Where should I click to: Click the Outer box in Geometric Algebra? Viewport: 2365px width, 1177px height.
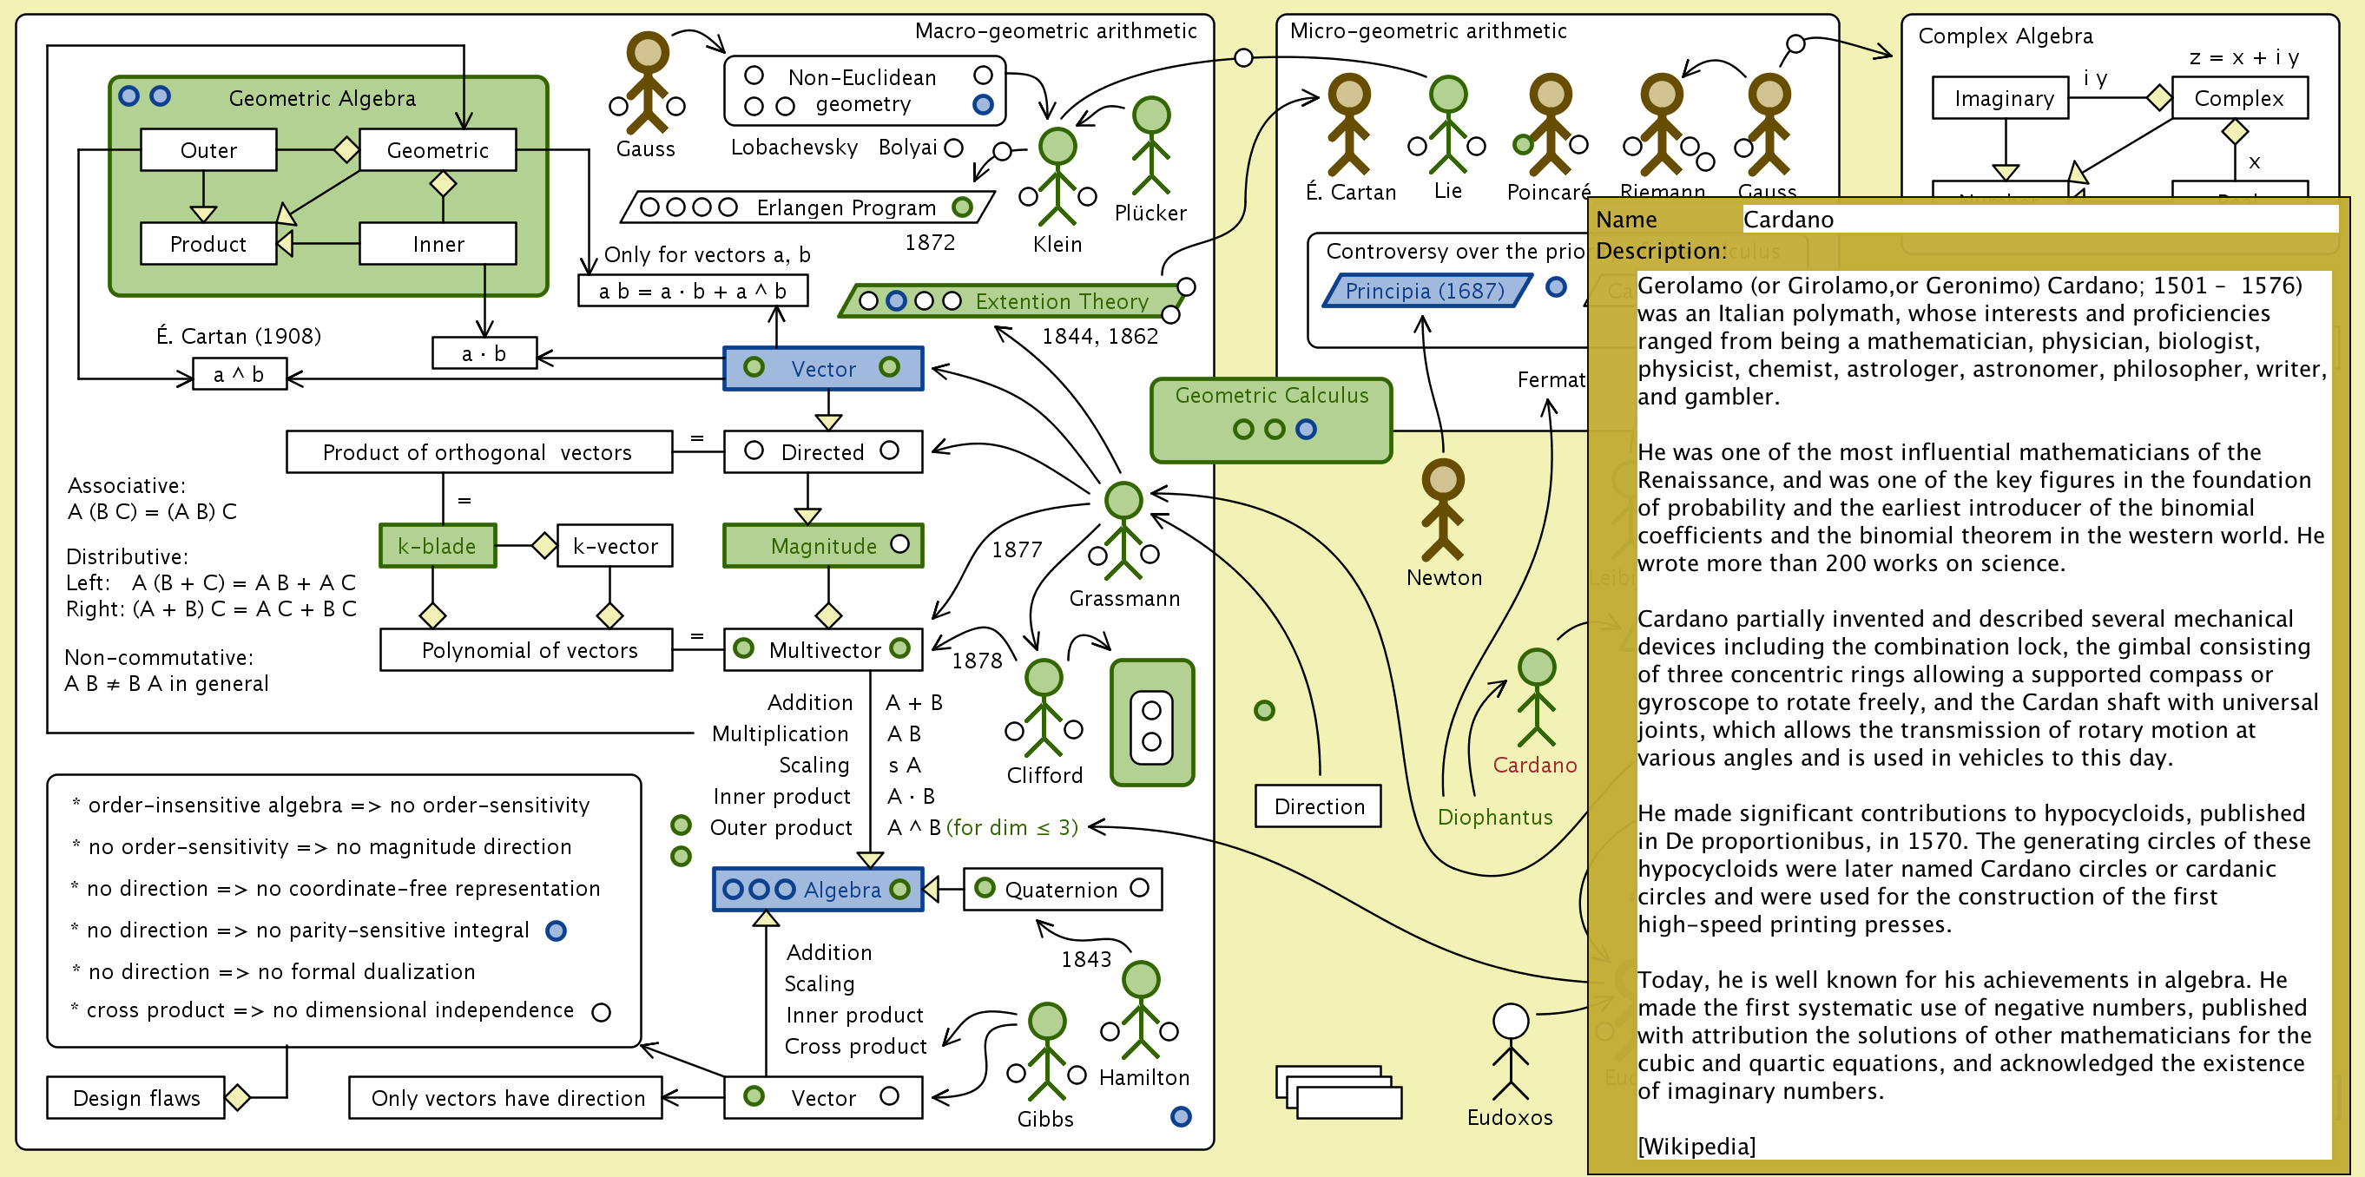tap(208, 150)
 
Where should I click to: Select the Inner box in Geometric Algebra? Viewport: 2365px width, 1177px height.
tap(438, 244)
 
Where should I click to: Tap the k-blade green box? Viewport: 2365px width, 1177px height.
tap(437, 546)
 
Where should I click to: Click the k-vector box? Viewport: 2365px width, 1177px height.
tap(614, 546)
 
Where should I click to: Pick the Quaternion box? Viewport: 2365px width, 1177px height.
tap(1061, 890)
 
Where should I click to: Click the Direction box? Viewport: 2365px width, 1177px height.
tap(1319, 806)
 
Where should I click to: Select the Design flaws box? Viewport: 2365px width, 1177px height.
tap(136, 1098)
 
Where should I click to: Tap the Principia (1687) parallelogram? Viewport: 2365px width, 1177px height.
tap(1425, 291)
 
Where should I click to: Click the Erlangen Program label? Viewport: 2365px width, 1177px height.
tap(846, 208)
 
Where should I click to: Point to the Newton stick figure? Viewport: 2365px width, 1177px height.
tap(1442, 510)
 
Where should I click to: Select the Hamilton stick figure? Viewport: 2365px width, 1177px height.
tap(1140, 1009)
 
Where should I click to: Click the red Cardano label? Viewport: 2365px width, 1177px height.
tap(1534, 765)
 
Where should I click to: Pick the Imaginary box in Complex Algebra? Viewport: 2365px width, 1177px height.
tap(2003, 99)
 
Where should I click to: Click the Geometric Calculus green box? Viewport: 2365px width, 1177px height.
tap(1271, 418)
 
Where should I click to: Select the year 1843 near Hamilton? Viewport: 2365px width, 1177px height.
tap(1086, 959)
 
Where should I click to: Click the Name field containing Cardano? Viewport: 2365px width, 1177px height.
tap(2039, 220)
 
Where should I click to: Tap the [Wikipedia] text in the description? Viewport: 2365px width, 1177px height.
tap(1696, 1146)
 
